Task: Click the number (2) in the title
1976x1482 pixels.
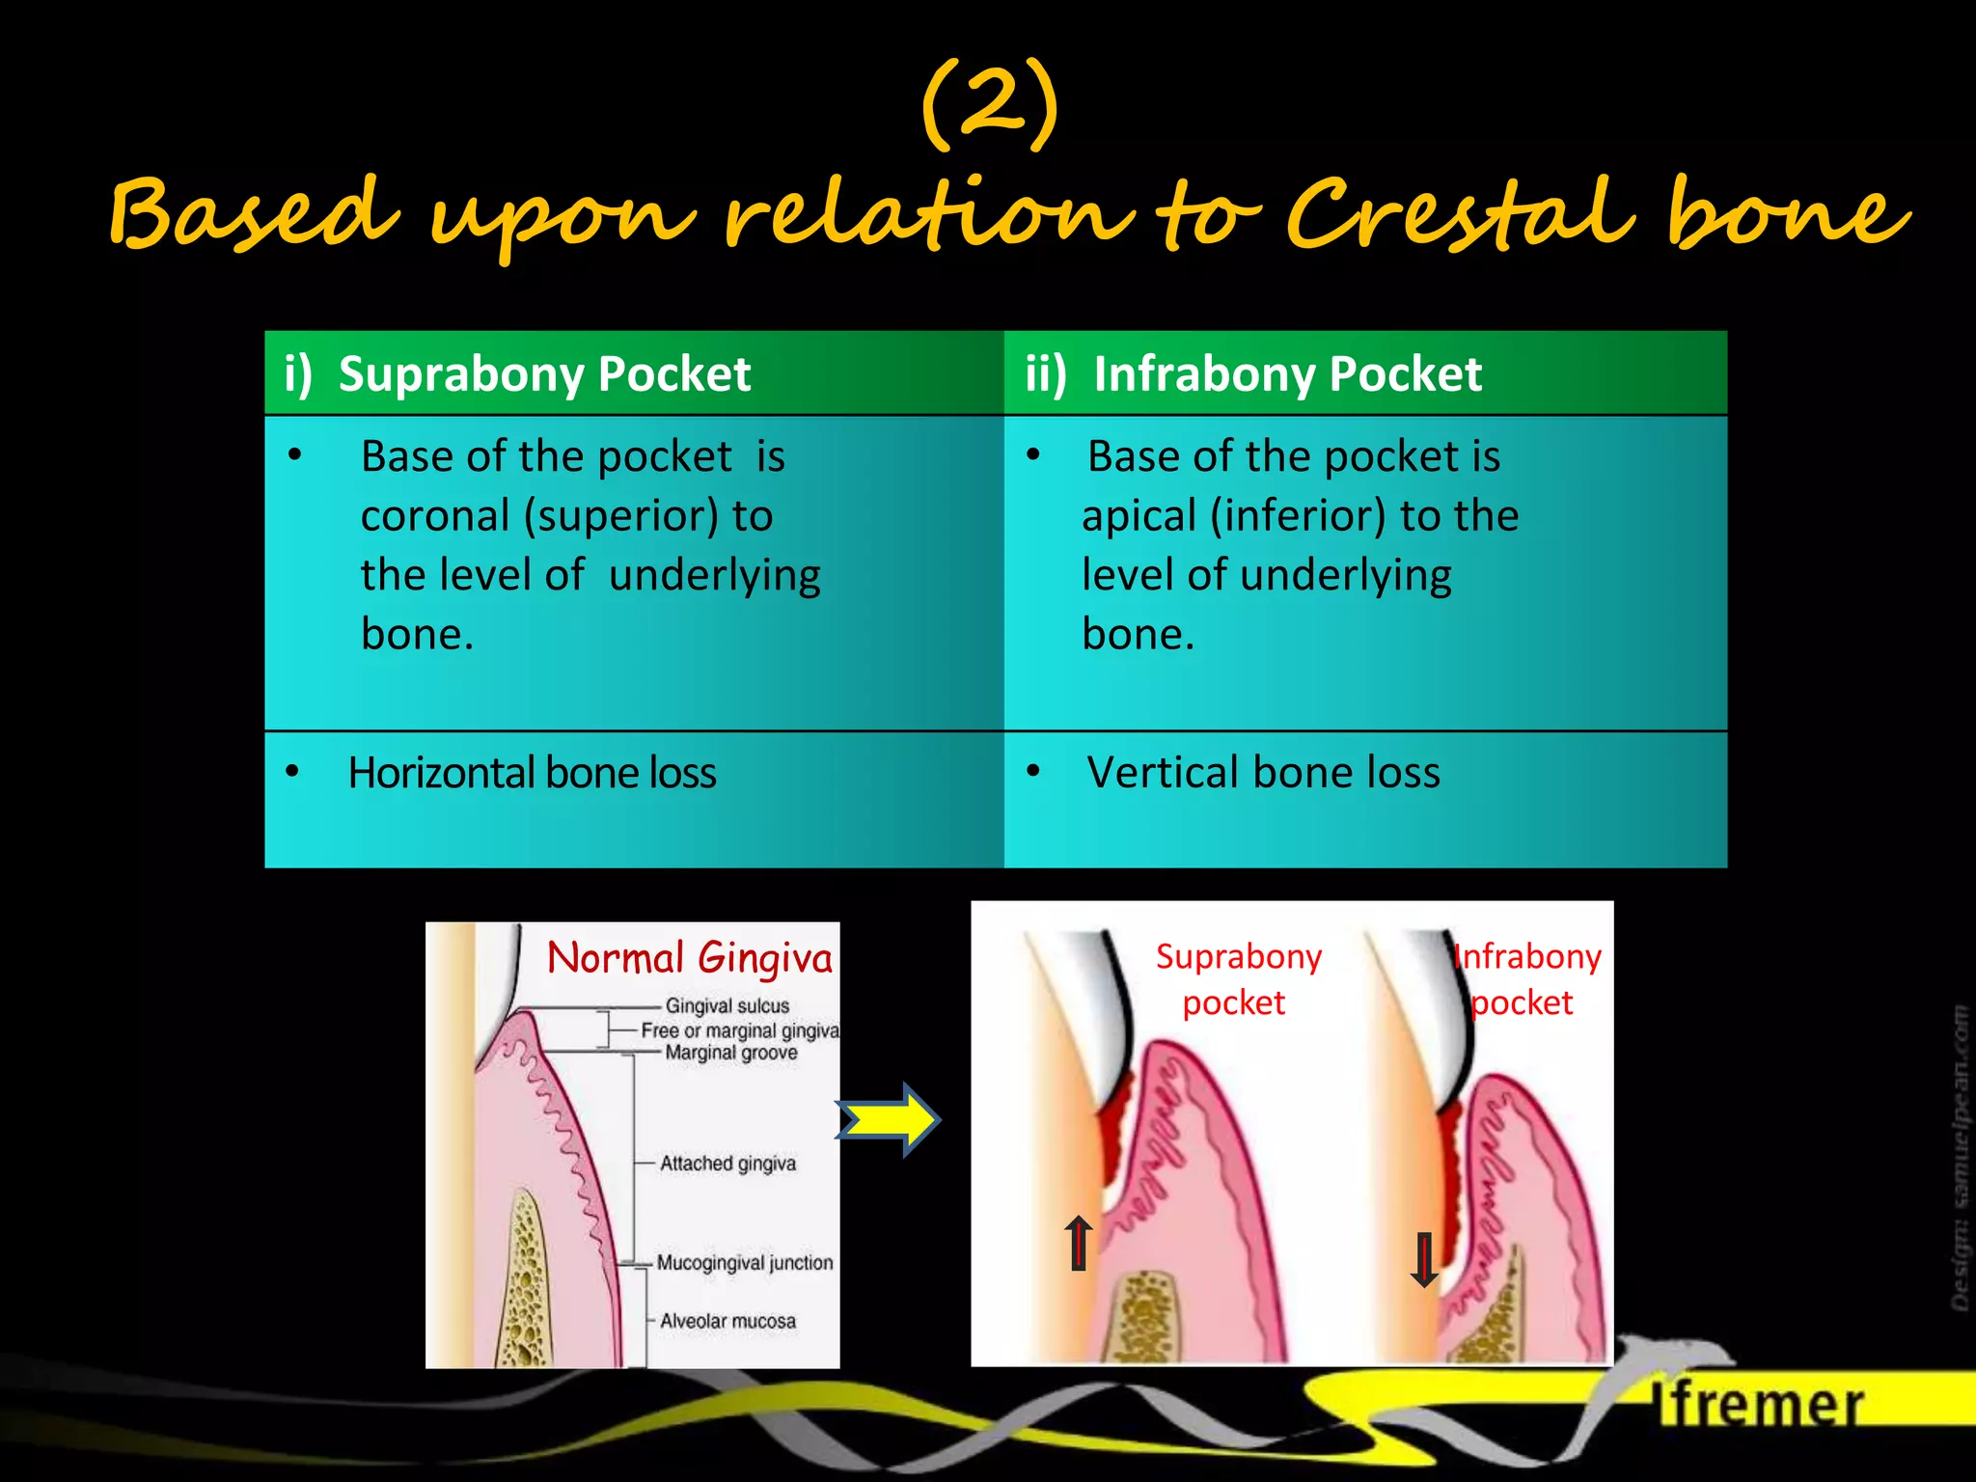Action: (x=990, y=105)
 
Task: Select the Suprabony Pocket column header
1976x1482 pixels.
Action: (x=544, y=374)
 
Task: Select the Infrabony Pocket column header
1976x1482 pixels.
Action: (x=1287, y=374)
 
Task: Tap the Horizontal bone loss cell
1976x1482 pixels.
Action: (x=532, y=773)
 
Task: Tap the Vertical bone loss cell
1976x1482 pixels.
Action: (x=1263, y=773)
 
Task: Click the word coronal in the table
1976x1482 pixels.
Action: (x=434, y=516)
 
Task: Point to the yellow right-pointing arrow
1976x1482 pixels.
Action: (x=889, y=1120)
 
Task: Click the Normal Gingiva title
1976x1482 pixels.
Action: (x=689, y=958)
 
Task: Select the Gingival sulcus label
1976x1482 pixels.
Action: (x=727, y=1005)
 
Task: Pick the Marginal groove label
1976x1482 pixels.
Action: (x=730, y=1053)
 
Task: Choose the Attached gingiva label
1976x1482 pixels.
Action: (x=727, y=1164)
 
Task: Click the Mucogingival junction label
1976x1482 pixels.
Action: (x=744, y=1263)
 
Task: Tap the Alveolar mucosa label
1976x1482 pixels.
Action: (x=727, y=1321)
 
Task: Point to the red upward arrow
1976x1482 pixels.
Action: (x=1079, y=1243)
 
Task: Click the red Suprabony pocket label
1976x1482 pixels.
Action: (x=1238, y=979)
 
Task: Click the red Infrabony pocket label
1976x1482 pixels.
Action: (x=1526, y=979)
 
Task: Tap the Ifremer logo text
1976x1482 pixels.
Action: (x=1760, y=1405)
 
